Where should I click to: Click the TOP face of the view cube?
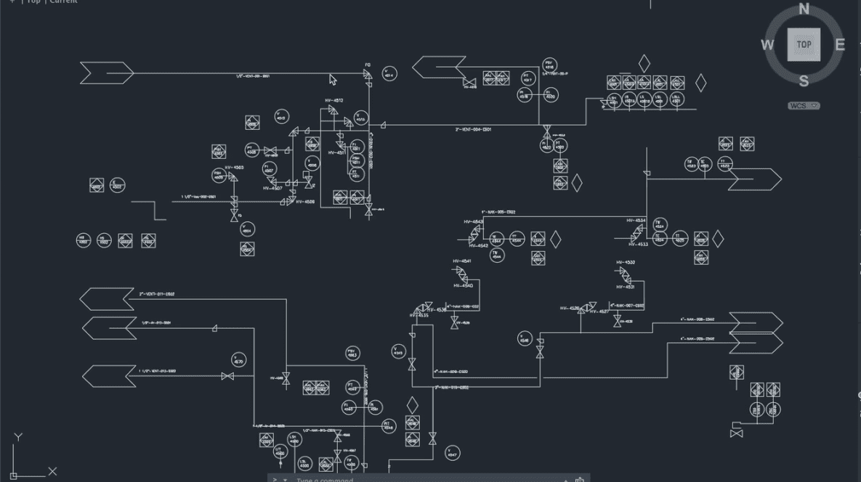(804, 44)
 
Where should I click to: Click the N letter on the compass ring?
(804, 9)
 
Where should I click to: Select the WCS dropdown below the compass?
(804, 106)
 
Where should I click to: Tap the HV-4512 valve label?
(334, 100)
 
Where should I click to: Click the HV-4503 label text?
(234, 168)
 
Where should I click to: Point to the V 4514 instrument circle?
(389, 73)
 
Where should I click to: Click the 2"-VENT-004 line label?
(473, 129)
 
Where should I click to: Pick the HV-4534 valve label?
(636, 220)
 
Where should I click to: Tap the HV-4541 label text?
(461, 261)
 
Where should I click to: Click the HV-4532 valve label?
(626, 262)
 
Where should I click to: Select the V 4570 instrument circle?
(239, 360)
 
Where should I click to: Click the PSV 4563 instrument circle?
(352, 354)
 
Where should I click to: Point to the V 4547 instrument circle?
(452, 454)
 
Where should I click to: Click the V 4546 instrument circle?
(525, 339)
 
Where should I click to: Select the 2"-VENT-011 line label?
(157, 294)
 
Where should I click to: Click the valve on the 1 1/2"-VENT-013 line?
(227, 376)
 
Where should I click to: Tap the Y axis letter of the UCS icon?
(18, 437)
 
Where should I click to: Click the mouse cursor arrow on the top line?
(333, 80)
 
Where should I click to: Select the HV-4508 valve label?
(305, 202)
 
